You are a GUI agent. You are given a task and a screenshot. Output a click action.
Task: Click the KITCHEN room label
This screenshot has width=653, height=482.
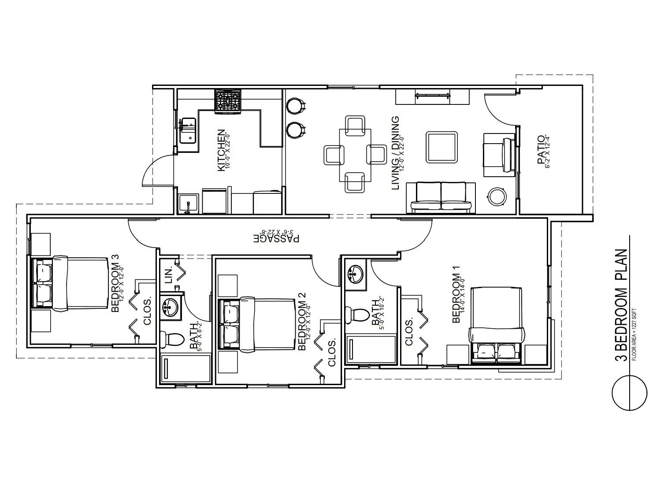221,150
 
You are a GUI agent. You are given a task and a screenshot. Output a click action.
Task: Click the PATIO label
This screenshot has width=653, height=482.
542,149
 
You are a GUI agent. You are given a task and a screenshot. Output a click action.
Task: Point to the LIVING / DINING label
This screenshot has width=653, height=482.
396,153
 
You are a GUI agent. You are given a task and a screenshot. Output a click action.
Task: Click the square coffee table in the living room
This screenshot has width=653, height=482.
442,147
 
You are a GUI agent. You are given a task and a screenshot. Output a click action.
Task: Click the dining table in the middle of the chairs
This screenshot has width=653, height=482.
355,155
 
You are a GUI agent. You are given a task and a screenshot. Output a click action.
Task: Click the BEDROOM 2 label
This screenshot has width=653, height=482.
302,322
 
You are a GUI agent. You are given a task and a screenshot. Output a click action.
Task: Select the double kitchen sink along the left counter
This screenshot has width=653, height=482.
188,131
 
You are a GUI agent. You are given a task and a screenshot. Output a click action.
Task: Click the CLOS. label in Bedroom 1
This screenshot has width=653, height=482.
409,331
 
